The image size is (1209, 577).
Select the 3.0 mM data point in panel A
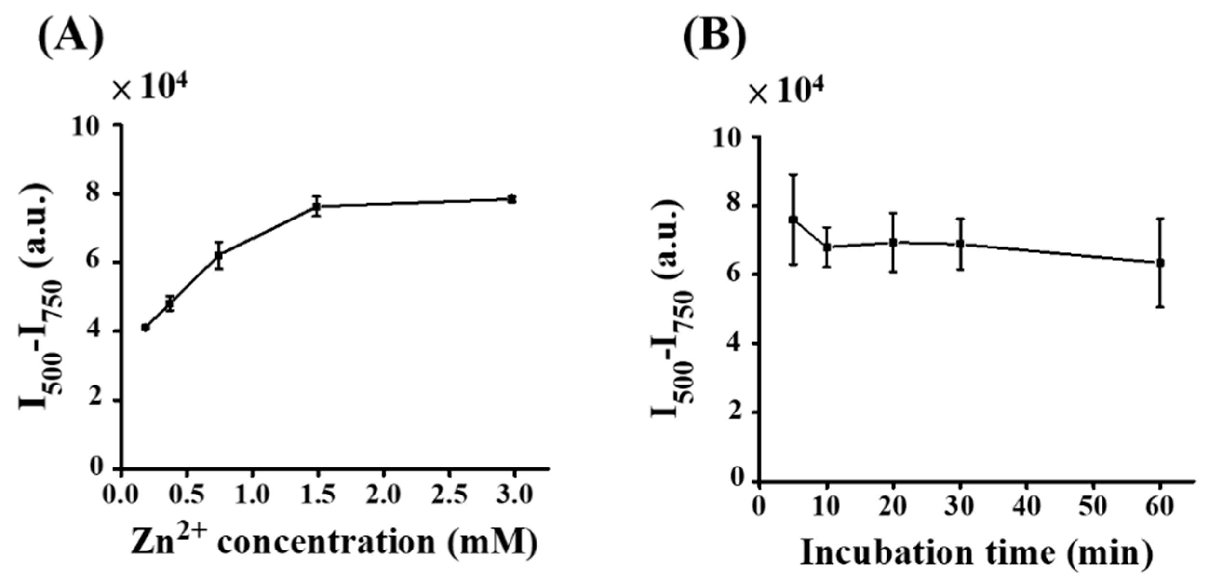[512, 199]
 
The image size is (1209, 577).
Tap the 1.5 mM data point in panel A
[316, 206]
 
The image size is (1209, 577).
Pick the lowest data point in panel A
[146, 327]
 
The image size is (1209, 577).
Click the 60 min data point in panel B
[1160, 263]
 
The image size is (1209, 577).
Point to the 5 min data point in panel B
[793, 220]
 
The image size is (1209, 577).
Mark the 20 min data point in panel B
[893, 242]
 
